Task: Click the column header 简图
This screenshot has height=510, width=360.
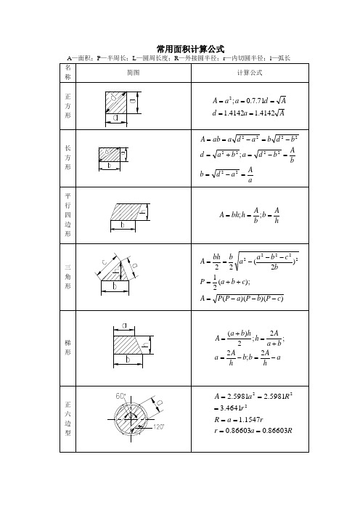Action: (x=133, y=73)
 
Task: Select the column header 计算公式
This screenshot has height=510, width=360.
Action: (x=249, y=73)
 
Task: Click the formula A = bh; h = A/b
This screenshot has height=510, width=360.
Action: (x=249, y=216)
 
